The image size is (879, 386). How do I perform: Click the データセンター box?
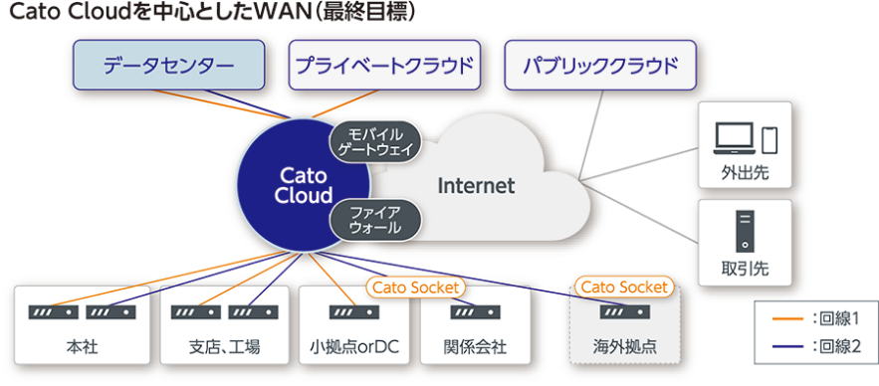[x=169, y=65]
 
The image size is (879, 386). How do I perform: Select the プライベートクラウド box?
[x=384, y=65]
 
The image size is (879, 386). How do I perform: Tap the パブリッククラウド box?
[x=600, y=65]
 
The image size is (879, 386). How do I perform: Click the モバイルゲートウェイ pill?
[x=375, y=142]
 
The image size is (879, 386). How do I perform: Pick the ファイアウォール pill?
[x=375, y=220]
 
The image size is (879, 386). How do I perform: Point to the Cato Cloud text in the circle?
[x=306, y=186]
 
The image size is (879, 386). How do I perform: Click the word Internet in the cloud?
[x=476, y=185]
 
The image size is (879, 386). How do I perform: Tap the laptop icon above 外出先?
[x=735, y=139]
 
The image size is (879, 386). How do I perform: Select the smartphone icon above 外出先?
[x=769, y=139]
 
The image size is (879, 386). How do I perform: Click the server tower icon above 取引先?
[x=745, y=231]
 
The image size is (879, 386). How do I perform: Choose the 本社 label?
[x=82, y=347]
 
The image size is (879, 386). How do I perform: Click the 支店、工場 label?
[x=224, y=347]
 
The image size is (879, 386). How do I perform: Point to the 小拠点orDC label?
[x=353, y=347]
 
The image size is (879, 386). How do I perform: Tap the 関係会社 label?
[x=475, y=347]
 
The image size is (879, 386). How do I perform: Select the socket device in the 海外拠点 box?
[x=625, y=312]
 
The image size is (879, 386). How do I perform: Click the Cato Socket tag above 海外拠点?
[x=624, y=288]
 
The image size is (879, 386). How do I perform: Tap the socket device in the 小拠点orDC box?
[x=353, y=312]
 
